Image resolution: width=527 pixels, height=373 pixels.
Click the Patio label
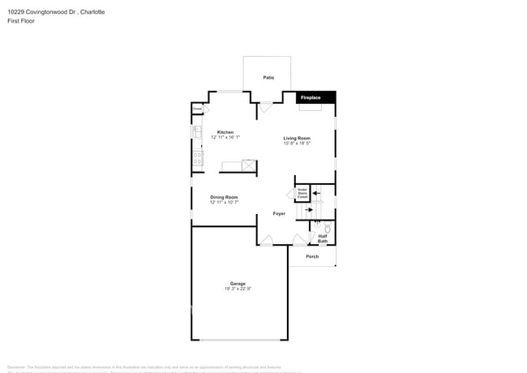click(268, 78)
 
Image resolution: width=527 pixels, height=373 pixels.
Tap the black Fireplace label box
click(311, 98)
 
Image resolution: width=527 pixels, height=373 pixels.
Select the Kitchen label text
click(225, 132)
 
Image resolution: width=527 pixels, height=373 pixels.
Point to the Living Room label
click(297, 138)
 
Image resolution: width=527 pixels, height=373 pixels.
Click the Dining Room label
click(224, 197)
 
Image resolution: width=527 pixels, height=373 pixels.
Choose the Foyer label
click(279, 214)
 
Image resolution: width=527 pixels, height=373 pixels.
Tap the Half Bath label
click(323, 239)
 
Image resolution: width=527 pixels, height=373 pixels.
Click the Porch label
click(312, 257)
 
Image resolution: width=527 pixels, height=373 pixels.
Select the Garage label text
click(238, 284)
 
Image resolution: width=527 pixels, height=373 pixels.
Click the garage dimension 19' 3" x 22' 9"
click(238, 289)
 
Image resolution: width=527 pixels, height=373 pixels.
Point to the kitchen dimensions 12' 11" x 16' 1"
click(225, 138)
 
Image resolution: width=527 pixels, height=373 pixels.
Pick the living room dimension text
click(297, 144)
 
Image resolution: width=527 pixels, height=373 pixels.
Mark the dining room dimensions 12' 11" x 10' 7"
click(224, 203)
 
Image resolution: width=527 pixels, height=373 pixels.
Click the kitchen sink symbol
click(196, 131)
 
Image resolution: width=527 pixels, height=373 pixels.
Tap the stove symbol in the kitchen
click(197, 157)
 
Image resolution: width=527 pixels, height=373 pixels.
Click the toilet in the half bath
click(327, 229)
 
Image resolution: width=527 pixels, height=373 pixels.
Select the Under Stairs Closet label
click(302, 193)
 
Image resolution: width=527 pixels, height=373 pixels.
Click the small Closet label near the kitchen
click(197, 108)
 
